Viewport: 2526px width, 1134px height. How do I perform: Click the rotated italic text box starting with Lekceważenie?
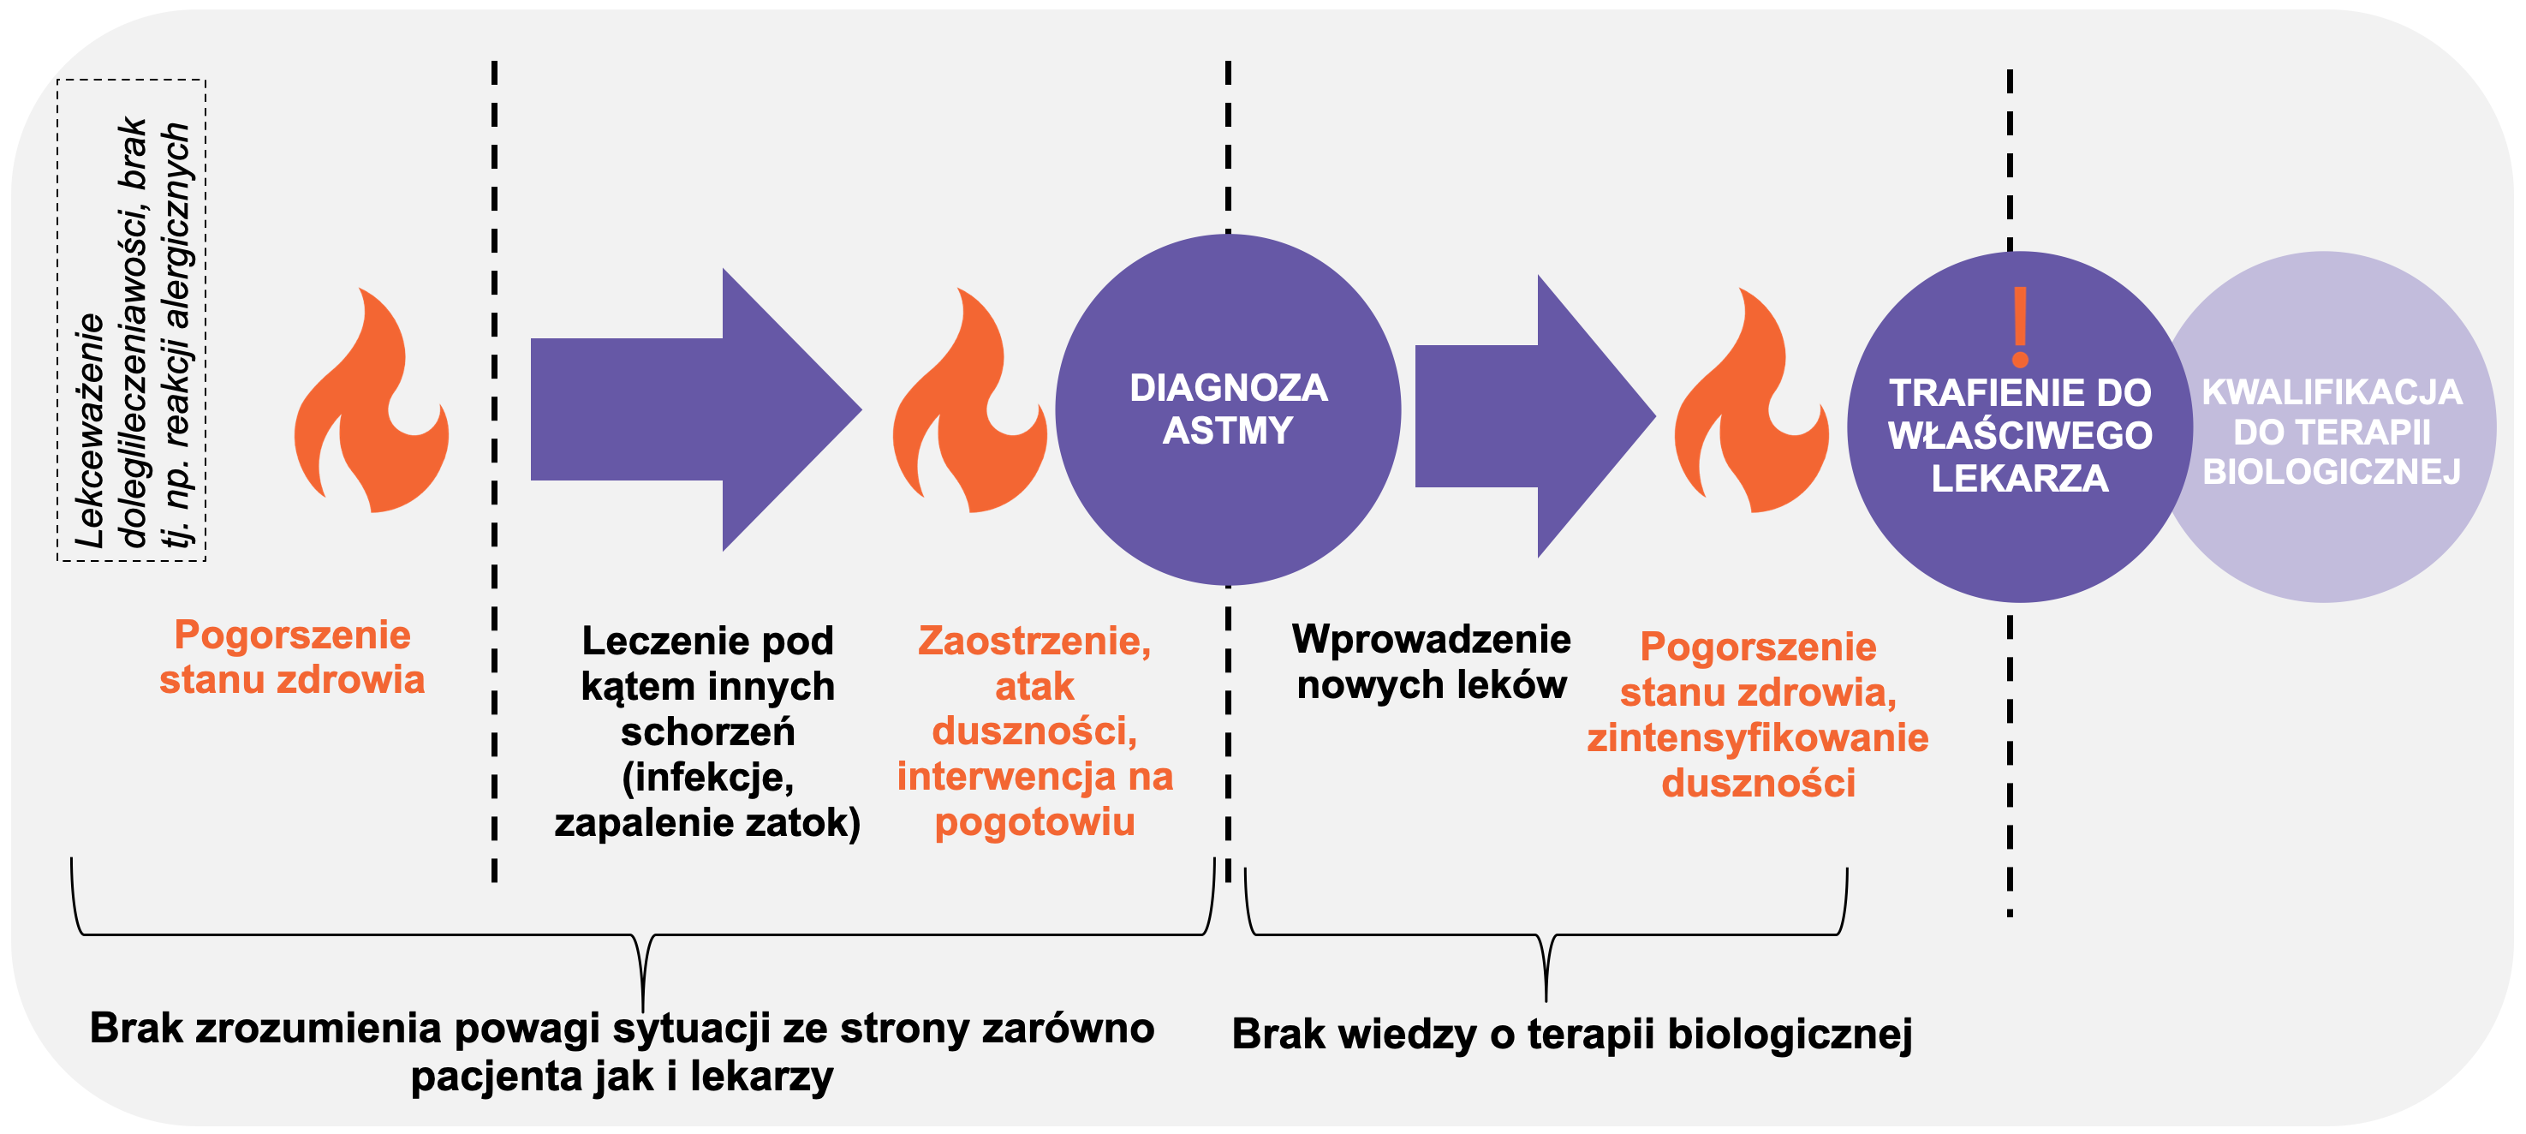[x=133, y=322]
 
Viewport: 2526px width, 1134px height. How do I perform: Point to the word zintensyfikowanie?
[x=1757, y=737]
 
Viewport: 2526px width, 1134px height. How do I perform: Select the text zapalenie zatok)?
[x=707, y=822]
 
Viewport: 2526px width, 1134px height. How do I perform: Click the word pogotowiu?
[x=1034, y=822]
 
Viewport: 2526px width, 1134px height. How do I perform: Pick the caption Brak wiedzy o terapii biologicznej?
[x=1572, y=1034]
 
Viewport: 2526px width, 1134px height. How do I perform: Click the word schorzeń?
[x=707, y=731]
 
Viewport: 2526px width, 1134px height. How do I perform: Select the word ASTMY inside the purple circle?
[x=1228, y=431]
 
